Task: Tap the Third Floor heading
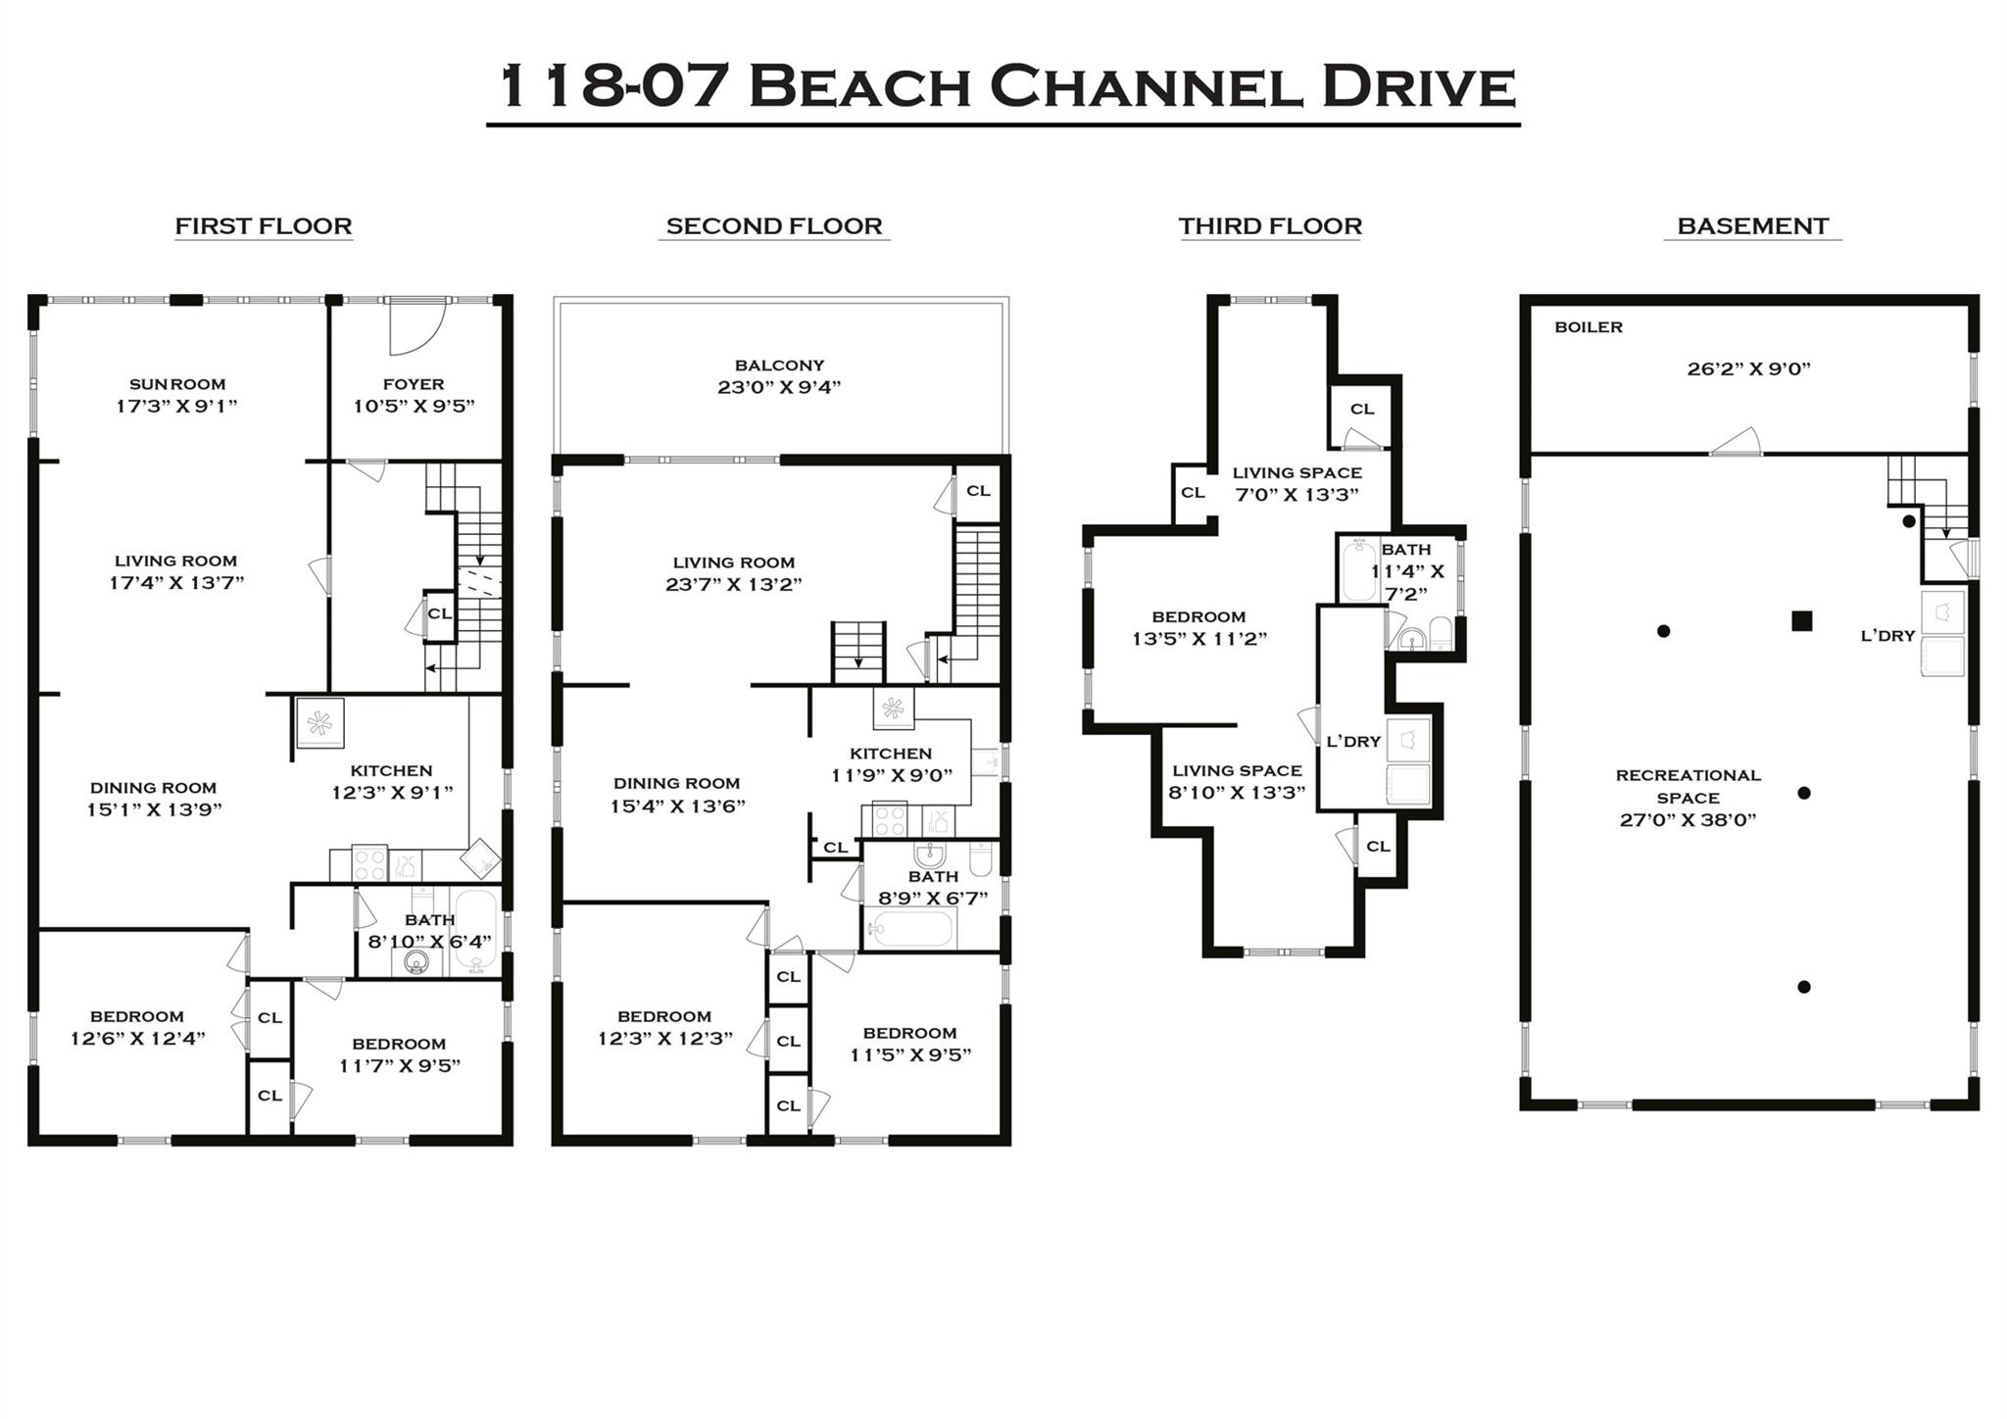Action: (1270, 226)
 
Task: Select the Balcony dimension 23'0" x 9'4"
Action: (779, 387)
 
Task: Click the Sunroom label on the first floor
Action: (177, 384)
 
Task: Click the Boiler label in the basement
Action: (1588, 327)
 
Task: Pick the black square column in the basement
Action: (1801, 620)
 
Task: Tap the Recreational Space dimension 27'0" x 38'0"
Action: (1688, 820)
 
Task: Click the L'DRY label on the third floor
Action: (1352, 742)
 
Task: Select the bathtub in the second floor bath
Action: (911, 928)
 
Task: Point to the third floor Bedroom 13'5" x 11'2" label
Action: (1199, 627)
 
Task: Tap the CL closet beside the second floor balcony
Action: (978, 491)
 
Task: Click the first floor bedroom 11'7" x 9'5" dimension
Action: (399, 1066)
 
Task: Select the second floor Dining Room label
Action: (676, 783)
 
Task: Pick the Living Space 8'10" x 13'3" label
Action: (1237, 781)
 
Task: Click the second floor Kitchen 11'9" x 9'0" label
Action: (891, 763)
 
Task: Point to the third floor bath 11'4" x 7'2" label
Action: (1406, 571)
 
